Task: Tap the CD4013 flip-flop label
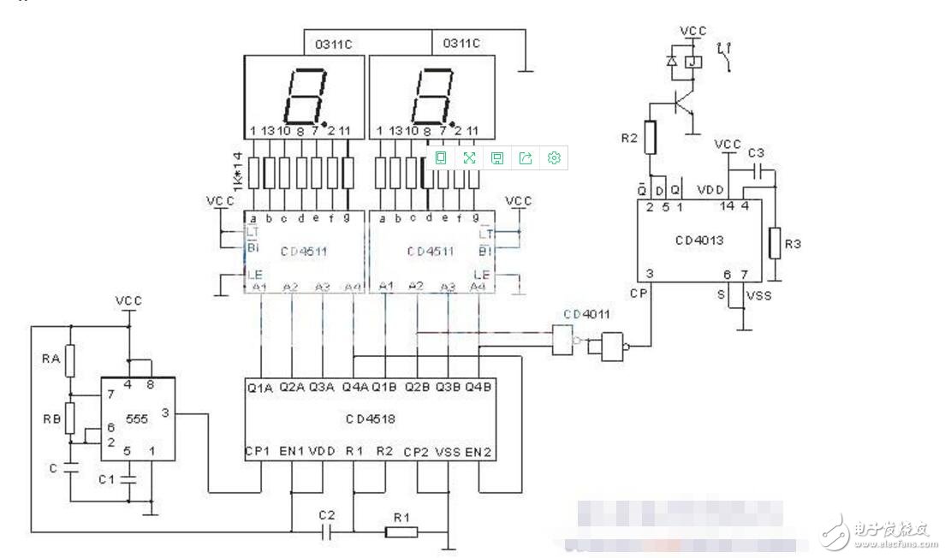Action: [x=698, y=240]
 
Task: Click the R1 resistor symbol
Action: [x=401, y=532]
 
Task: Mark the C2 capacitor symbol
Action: [x=326, y=532]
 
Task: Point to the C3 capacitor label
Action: [x=756, y=152]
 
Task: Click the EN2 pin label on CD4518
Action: [x=479, y=452]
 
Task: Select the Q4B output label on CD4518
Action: [x=478, y=387]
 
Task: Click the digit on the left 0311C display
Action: [x=306, y=93]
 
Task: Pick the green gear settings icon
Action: [x=554, y=157]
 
